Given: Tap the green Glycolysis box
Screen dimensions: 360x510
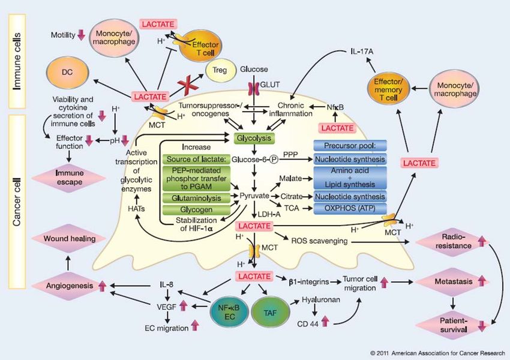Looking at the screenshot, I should (x=254, y=139).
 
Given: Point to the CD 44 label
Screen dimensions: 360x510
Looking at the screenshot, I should (x=308, y=323).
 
